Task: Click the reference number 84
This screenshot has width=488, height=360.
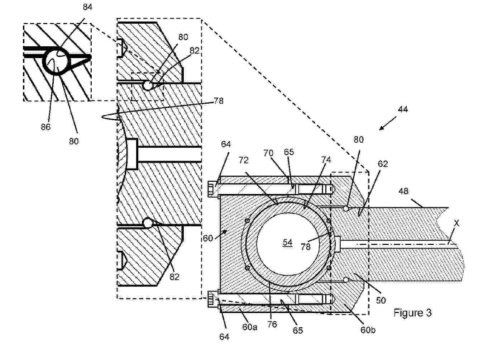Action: (x=87, y=7)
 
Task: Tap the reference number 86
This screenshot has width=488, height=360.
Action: (x=46, y=127)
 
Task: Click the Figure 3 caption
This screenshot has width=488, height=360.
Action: (x=412, y=313)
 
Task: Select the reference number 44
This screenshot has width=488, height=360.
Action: (x=403, y=109)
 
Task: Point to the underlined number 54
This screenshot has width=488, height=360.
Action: (x=288, y=243)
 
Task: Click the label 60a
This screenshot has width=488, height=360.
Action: (x=250, y=327)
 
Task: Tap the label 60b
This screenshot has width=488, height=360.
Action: (x=368, y=330)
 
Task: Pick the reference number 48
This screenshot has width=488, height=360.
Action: (x=403, y=191)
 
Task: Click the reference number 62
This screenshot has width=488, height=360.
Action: (x=383, y=164)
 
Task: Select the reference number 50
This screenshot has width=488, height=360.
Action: (x=381, y=300)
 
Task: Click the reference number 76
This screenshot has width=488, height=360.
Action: (x=272, y=324)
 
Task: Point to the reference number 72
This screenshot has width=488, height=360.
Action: (x=244, y=160)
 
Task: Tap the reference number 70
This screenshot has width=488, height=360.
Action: (x=268, y=153)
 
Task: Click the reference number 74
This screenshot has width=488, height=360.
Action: (x=326, y=160)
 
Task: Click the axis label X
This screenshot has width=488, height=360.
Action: (x=457, y=223)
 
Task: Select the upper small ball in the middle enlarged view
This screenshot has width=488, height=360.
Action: (x=147, y=86)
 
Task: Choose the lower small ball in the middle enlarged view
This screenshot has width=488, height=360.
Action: (x=147, y=223)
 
